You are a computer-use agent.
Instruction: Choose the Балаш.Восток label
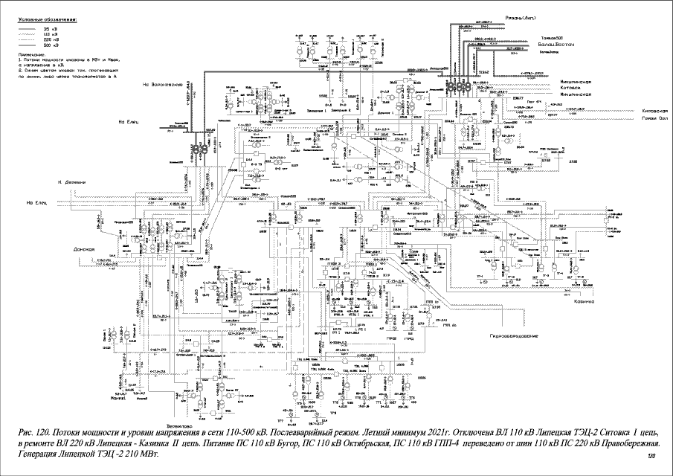pyautogui.click(x=552, y=45)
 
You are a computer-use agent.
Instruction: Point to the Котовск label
pyautogui.click(x=574, y=88)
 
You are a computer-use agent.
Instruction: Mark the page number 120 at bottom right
pyautogui.click(x=652, y=455)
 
